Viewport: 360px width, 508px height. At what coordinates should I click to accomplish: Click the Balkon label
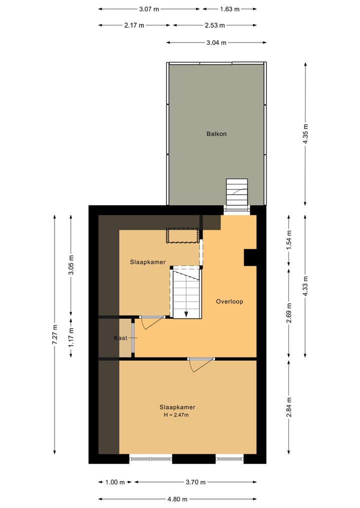(x=216, y=134)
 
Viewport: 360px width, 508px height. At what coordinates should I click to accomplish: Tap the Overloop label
(x=229, y=302)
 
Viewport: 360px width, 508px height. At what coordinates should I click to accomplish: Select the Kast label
(x=120, y=338)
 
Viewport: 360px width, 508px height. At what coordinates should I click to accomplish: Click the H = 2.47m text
(x=177, y=415)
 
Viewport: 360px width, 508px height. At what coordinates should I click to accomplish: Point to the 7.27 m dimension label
(x=55, y=335)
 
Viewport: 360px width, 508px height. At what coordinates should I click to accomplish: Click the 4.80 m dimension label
(x=177, y=499)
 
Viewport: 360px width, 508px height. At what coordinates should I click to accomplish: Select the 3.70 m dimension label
(x=195, y=483)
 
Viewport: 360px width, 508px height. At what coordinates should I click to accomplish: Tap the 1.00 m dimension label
(x=115, y=483)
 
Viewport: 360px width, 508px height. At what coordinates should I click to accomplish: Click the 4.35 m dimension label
(x=305, y=133)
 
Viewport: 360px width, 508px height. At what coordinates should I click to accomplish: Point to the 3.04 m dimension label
(x=216, y=42)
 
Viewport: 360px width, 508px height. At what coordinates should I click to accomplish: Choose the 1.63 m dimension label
(x=229, y=9)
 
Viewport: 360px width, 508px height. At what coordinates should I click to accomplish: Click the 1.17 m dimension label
(x=71, y=338)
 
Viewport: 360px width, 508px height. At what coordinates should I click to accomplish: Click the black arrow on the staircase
(x=186, y=313)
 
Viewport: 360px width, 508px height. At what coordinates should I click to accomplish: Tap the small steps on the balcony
(x=237, y=192)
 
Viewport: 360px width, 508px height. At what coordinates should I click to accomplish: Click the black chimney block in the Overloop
(x=250, y=257)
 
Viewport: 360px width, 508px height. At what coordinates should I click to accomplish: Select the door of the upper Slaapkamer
(x=150, y=323)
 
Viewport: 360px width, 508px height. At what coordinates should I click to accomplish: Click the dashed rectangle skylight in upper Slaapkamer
(x=183, y=235)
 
